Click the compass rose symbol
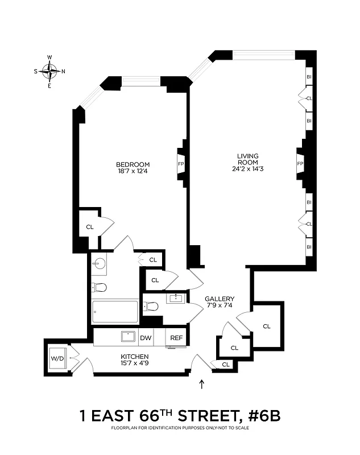50,71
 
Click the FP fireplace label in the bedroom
181,164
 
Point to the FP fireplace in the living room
300,164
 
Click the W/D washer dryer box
57,358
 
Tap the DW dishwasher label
146,338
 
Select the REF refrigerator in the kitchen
176,338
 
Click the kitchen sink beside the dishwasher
128,336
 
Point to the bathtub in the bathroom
115,312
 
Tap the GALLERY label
219,299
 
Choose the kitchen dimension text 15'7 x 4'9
134,363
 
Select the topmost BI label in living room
309,77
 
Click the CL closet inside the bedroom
90,226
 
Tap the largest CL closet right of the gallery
267,326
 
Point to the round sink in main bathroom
100,263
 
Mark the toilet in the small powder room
151,307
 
